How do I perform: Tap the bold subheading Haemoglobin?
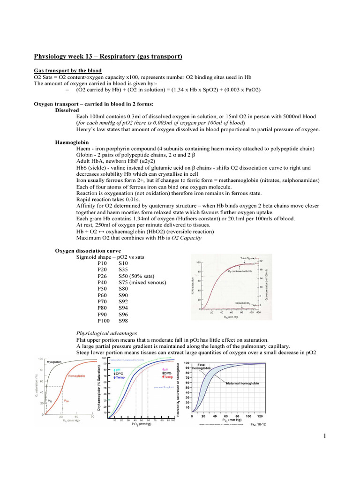pos(72,142)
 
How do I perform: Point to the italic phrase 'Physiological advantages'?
pos(105,333)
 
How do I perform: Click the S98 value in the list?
pos(123,321)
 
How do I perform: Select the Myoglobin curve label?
pos(56,362)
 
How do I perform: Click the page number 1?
pos(323,438)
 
